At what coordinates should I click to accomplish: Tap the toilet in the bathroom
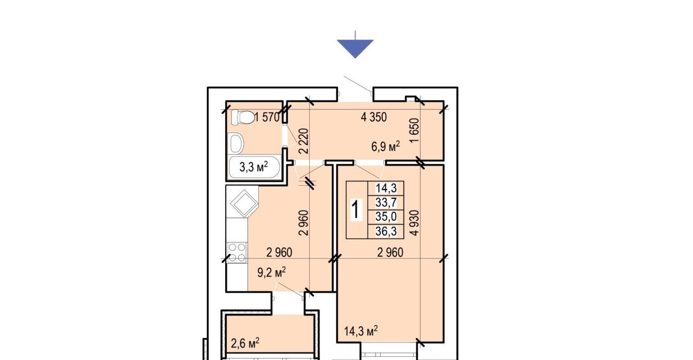243,117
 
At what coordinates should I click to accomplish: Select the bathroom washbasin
237,143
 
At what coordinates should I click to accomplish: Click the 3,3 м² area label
254,167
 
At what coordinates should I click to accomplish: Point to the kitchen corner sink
244,203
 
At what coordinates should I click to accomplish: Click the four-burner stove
237,253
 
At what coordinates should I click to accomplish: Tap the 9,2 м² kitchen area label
272,272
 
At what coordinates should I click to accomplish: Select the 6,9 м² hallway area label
385,146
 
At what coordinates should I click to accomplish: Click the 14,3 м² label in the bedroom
361,331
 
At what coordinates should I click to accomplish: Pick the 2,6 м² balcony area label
245,343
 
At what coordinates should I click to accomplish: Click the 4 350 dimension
374,117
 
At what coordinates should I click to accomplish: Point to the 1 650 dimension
414,130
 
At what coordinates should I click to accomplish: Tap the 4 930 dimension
414,222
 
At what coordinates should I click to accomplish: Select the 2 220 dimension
304,141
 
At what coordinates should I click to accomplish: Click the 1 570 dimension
267,117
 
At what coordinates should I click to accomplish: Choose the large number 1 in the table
356,210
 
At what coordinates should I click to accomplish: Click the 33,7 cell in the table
386,202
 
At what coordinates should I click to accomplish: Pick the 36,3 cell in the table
386,231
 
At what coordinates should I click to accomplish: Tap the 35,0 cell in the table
386,217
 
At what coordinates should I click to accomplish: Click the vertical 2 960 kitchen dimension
304,222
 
